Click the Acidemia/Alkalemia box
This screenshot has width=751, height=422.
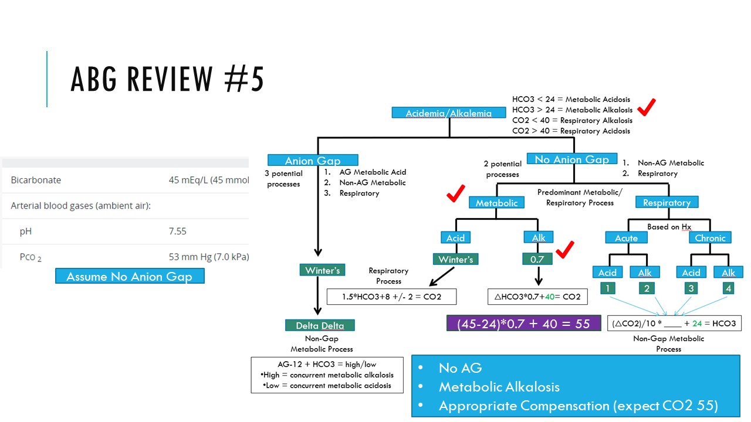pos(449,113)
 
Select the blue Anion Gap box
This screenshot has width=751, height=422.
pos(312,160)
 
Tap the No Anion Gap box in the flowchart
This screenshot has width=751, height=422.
pos(572,159)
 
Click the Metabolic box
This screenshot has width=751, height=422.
pos(496,203)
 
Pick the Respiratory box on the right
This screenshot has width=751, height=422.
pos(667,203)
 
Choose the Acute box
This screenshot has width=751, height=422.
pos(627,238)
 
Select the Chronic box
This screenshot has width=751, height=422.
pos(710,238)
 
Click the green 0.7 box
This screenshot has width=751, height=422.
pos(538,258)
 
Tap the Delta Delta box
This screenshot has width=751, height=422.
pos(320,325)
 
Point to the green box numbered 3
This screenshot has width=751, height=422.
pos(690,288)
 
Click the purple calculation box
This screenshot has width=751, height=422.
pos(523,324)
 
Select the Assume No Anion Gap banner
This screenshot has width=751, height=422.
pos(130,276)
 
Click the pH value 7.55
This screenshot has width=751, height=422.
pos(178,231)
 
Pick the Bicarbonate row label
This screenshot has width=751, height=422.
pos(36,180)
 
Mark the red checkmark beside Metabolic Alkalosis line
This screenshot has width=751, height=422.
pos(647,107)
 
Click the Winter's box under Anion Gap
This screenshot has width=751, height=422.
pos(322,270)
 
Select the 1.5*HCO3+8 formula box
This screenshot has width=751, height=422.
pos(391,297)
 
